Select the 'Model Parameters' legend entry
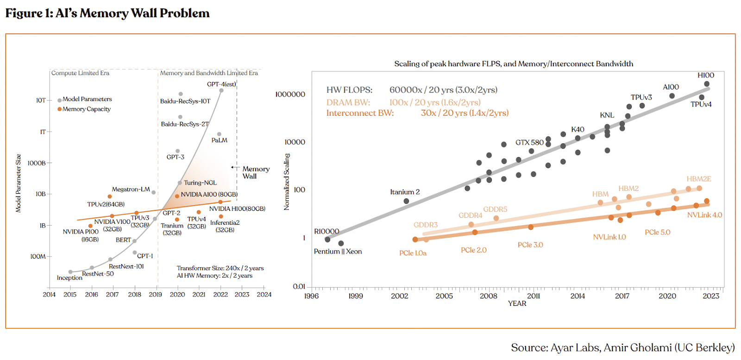point(87,99)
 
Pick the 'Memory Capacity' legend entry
point(87,109)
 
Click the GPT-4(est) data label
point(221,84)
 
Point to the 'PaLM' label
point(220,140)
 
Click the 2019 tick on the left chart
point(156,295)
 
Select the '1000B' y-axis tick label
point(37,163)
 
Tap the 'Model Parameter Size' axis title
point(19,183)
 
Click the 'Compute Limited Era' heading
point(80,73)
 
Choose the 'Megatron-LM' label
point(131,189)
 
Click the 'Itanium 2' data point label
point(405,192)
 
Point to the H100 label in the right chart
point(706,75)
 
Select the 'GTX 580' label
point(529,143)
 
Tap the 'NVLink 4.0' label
point(704,215)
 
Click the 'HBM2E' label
point(699,179)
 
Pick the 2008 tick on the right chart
point(489,296)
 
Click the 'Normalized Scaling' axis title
point(287,182)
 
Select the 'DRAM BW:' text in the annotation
point(348,102)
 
